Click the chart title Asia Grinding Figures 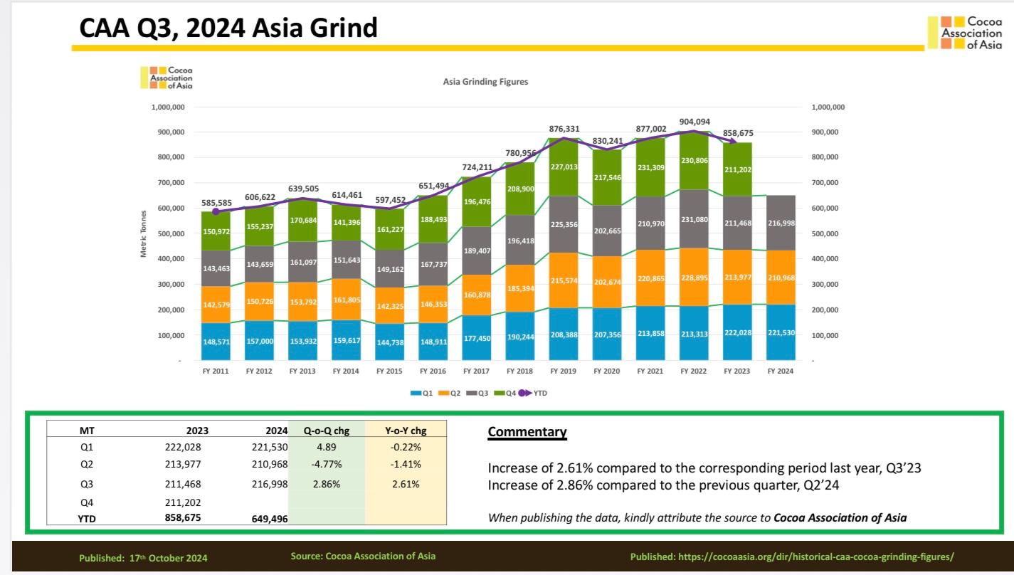coord(485,82)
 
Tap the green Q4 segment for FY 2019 coord(564,167)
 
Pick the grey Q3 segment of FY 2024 coord(781,223)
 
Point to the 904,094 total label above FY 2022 coord(695,122)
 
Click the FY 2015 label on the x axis coord(390,371)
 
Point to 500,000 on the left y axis coord(168,233)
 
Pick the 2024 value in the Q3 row coord(270,484)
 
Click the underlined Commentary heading coord(527,432)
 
